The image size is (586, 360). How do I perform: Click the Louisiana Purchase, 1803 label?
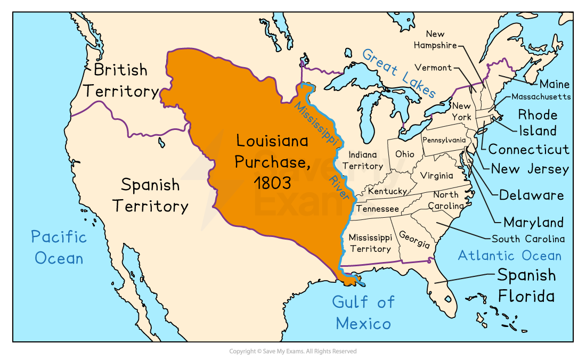point(272,162)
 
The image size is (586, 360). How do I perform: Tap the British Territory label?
point(121,80)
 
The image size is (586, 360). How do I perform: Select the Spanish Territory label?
point(150,195)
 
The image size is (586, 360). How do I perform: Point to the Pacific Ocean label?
point(59,247)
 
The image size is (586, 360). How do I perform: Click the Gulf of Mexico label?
point(363,313)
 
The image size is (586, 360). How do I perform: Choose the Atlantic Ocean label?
point(509,256)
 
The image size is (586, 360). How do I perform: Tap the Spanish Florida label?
point(526,285)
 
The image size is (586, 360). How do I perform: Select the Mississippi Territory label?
point(370,243)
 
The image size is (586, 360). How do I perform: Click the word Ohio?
point(404,154)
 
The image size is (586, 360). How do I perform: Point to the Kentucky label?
point(387,191)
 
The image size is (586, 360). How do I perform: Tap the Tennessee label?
point(378,209)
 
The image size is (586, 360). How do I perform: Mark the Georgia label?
point(414,240)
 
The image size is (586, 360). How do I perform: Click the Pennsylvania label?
point(444,140)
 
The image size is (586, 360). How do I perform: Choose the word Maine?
point(554,84)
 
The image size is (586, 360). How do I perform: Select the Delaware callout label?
point(531,195)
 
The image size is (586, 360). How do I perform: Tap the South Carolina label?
point(528,239)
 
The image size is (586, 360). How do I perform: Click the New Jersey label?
point(530,169)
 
